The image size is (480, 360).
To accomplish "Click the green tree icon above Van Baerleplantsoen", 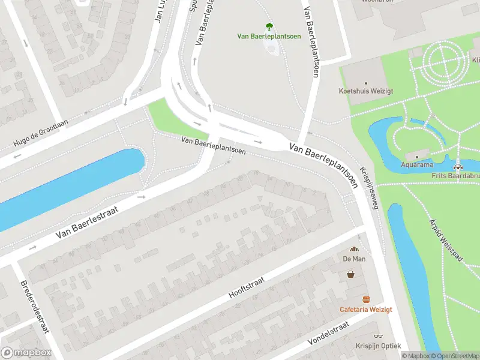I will (x=269, y=26).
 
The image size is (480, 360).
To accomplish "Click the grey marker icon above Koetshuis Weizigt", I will (x=367, y=83).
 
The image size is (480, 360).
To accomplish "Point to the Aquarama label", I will (x=418, y=164).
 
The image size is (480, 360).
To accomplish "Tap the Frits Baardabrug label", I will (x=455, y=176).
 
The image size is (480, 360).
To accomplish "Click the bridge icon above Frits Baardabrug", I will (x=458, y=167).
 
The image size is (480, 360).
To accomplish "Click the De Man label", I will (x=354, y=259).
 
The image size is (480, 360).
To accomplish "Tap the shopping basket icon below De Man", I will (x=350, y=274).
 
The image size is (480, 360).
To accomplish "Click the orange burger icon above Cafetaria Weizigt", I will (x=365, y=299).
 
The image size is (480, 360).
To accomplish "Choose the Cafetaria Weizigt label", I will (x=365, y=309).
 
